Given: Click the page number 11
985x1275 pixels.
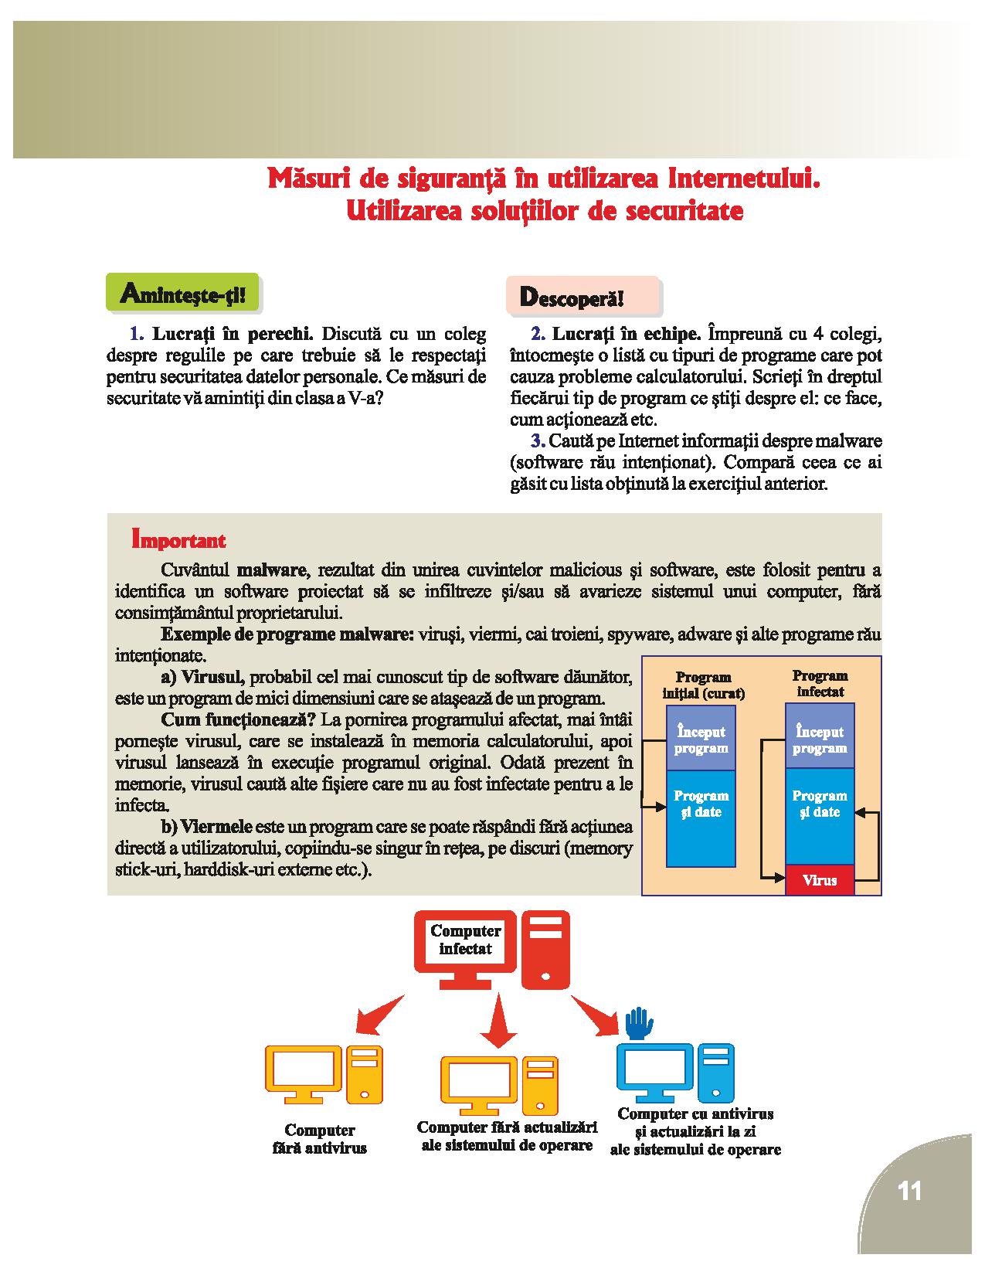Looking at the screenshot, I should click(x=910, y=1191).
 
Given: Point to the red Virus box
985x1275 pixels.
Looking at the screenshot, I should click(x=820, y=879).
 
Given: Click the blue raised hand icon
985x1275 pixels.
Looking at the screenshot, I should click(x=639, y=1024).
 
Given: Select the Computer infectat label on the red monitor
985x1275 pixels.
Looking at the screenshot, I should click(x=465, y=940).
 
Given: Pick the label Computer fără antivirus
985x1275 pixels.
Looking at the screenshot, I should click(x=320, y=1140).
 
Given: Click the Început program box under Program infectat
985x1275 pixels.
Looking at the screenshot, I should click(x=820, y=739).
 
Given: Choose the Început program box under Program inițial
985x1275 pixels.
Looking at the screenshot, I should click(x=701, y=739).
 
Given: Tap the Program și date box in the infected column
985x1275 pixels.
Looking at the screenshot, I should click(x=820, y=804).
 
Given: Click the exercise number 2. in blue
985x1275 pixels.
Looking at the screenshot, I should click(x=538, y=335).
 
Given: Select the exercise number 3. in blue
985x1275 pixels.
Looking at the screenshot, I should click(x=538, y=441).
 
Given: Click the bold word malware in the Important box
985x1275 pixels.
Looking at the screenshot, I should click(x=272, y=570).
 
